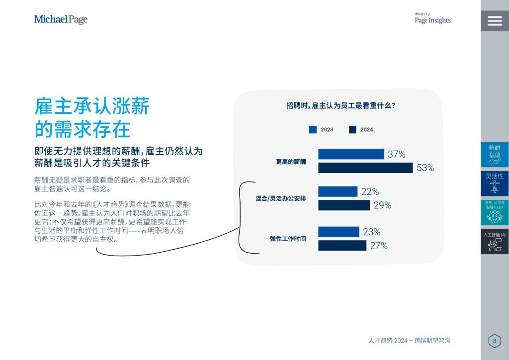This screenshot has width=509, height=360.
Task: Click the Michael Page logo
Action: pyautogui.click(x=61, y=19)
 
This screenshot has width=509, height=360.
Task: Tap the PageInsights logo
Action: pyautogui.click(x=433, y=19)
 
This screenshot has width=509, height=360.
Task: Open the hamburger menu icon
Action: pyautogui.click(x=495, y=21)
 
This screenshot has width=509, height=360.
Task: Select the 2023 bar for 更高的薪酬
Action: pyautogui.click(x=351, y=154)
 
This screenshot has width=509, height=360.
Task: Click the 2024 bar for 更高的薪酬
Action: pyautogui.click(x=365, y=168)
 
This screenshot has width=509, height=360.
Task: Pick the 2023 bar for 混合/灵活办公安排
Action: pyautogui.click(x=338, y=191)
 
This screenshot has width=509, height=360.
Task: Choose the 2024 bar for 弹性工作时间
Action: pyautogui.click(x=342, y=246)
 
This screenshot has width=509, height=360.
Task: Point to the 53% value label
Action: pyautogui.click(x=425, y=168)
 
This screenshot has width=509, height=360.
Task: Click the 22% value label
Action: pyautogui.click(x=370, y=192)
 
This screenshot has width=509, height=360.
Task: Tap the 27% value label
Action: pyautogui.click(x=379, y=246)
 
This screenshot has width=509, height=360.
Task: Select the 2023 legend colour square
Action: pyautogui.click(x=313, y=129)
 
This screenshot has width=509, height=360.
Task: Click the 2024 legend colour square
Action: pyautogui.click(x=352, y=129)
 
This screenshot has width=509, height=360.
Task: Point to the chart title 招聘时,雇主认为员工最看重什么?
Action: pyautogui.click(x=340, y=105)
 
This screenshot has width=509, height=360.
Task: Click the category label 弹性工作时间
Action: pyautogui.click(x=288, y=239)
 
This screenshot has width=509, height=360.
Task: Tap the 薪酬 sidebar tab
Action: pyautogui.click(x=495, y=155)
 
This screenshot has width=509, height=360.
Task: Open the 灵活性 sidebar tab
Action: pyautogui.click(x=495, y=184)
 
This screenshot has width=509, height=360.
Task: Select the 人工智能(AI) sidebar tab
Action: pyautogui.click(x=495, y=242)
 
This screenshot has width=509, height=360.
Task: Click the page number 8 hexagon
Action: pyautogui.click(x=495, y=341)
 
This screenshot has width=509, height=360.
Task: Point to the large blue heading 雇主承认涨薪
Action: pyautogui.click(x=92, y=106)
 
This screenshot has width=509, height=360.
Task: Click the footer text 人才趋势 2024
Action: pyautogui.click(x=388, y=341)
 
